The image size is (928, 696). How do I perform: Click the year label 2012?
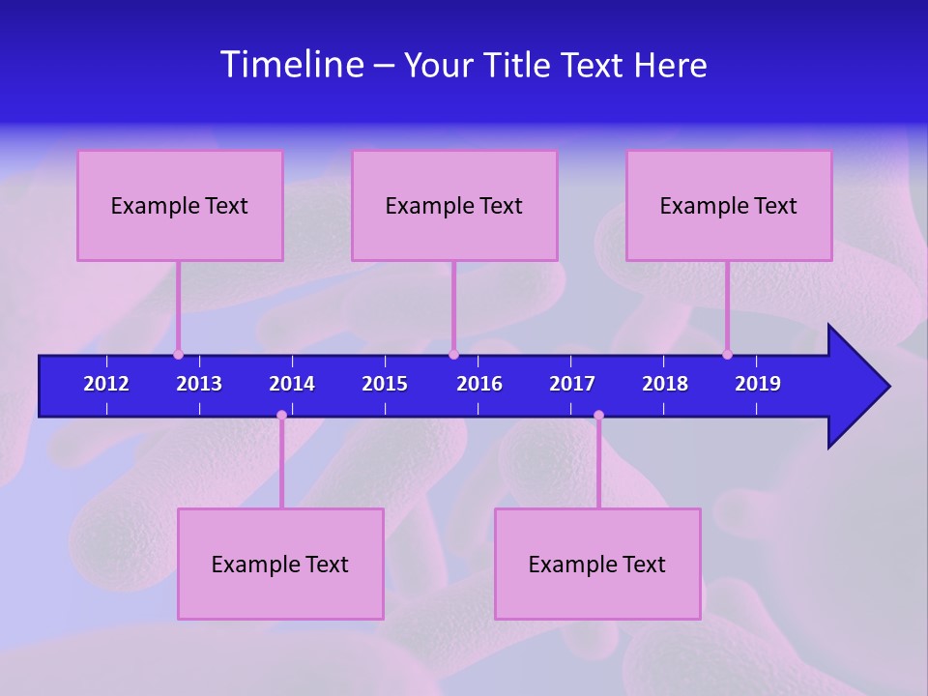pyautogui.click(x=106, y=384)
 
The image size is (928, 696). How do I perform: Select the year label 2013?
pyautogui.click(x=199, y=384)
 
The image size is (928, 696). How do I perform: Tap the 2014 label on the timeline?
pyautogui.click(x=292, y=384)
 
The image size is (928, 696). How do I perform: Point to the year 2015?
pyautogui.click(x=385, y=384)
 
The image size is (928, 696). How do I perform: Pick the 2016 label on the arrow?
pyautogui.click(x=479, y=384)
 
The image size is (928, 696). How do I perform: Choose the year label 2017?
pyautogui.click(x=572, y=384)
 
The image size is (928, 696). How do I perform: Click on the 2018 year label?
pyautogui.click(x=665, y=384)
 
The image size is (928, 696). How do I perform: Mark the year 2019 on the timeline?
pyautogui.click(x=758, y=384)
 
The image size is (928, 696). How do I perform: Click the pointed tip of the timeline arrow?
pyautogui.click(x=886, y=387)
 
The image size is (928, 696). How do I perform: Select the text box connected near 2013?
pyautogui.click(x=180, y=205)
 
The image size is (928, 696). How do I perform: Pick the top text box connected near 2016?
pyautogui.click(x=454, y=205)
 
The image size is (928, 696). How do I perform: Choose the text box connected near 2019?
pyautogui.click(x=729, y=205)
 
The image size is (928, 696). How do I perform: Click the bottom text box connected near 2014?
pyautogui.click(x=280, y=564)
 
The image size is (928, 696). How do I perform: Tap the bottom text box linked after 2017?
pyautogui.click(x=597, y=564)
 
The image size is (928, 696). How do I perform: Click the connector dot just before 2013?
pyautogui.click(x=178, y=354)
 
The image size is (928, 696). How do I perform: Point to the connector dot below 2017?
pyautogui.click(x=598, y=416)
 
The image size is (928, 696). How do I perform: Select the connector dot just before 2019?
pyautogui.click(x=727, y=354)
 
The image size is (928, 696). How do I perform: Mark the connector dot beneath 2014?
pyautogui.click(x=281, y=416)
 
